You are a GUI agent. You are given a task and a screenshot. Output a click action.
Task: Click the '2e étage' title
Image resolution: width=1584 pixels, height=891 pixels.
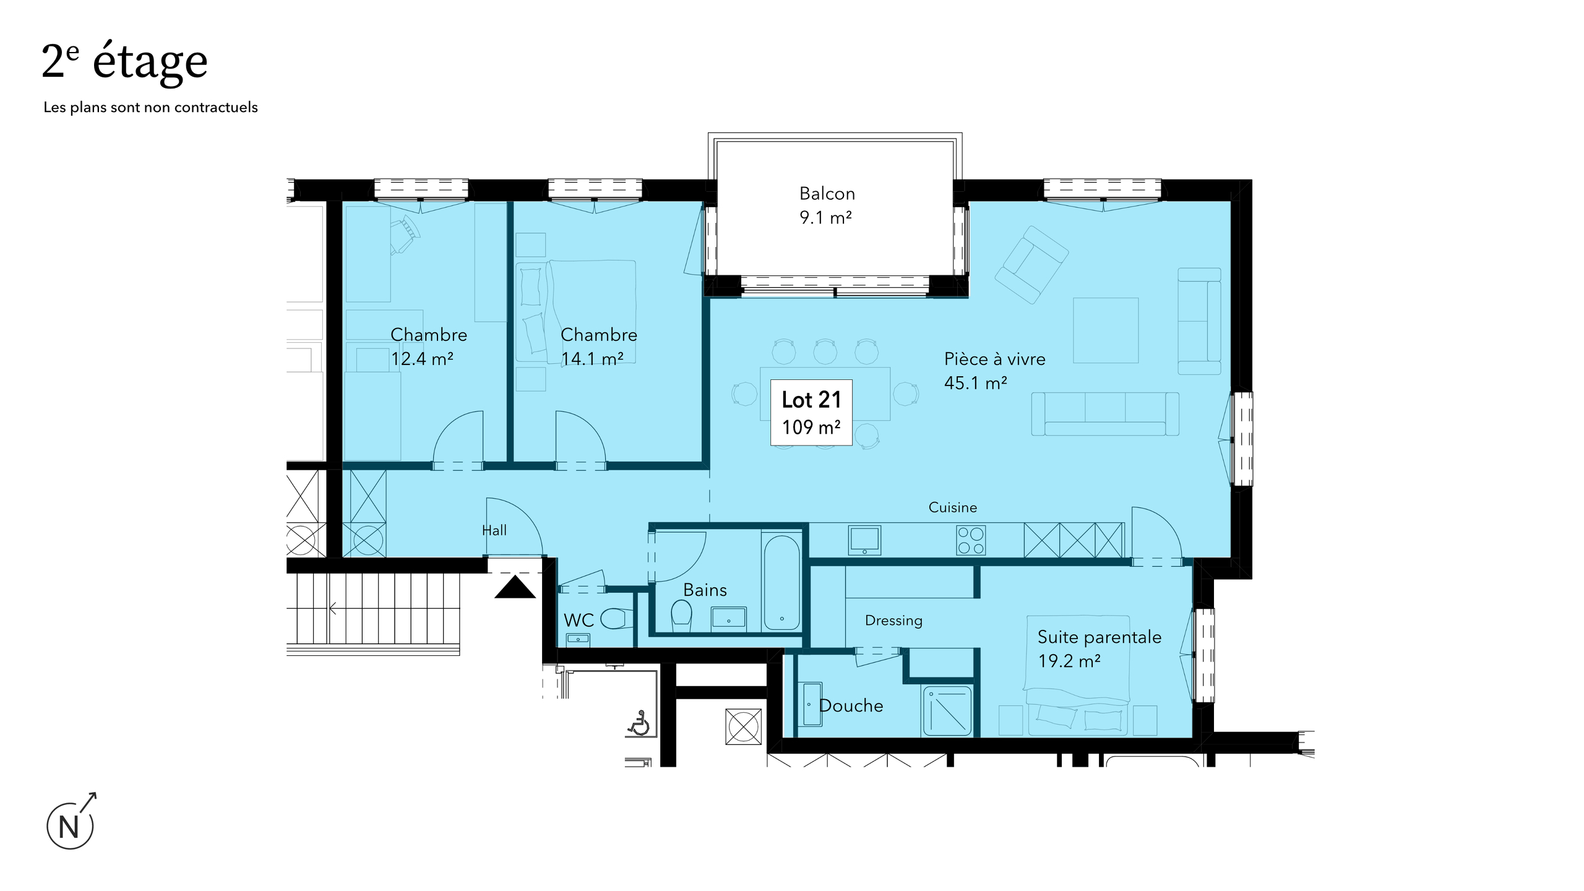(x=124, y=62)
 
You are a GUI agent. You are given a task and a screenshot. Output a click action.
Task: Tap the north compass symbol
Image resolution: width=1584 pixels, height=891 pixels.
(x=70, y=825)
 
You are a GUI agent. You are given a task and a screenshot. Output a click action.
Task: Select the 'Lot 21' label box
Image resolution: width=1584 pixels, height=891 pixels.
(x=811, y=413)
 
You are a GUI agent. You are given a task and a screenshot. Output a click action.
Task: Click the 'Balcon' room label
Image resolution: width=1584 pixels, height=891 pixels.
(x=827, y=194)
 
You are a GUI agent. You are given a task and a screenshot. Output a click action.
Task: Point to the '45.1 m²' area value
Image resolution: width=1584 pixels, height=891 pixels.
(x=975, y=383)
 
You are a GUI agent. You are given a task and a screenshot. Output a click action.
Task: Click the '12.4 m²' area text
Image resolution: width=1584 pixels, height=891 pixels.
(x=422, y=359)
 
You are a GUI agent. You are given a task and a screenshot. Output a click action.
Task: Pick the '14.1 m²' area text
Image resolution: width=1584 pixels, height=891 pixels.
(x=592, y=359)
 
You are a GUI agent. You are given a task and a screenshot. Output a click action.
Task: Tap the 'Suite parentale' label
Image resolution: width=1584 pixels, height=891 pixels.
(x=1099, y=637)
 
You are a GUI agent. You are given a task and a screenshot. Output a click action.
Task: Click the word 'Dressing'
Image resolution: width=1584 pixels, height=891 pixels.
(x=893, y=620)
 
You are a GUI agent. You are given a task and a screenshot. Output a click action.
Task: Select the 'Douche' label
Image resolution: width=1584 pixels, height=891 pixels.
(x=851, y=705)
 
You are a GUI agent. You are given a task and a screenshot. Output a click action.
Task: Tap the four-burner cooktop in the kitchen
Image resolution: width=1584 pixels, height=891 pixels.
(x=970, y=540)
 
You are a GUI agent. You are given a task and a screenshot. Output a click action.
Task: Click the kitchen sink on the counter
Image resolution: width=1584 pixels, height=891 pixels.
(x=864, y=540)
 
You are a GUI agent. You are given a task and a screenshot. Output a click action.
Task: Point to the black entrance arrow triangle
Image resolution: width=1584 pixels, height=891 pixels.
(x=515, y=588)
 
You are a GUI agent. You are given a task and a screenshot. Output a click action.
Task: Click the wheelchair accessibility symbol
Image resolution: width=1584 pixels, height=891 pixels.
(x=639, y=723)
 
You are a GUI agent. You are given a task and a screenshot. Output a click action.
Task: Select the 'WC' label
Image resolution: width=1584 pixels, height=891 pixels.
(x=579, y=620)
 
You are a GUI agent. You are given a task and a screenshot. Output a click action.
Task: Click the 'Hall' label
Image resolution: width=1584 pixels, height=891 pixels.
(x=494, y=530)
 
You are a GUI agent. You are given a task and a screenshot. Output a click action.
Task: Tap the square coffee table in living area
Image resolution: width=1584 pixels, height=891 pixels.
(x=1105, y=330)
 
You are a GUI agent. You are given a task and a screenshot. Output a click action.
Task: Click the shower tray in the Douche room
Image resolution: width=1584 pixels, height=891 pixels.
(x=947, y=710)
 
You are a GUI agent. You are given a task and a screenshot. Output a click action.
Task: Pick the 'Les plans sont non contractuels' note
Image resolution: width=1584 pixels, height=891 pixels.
(x=150, y=107)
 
